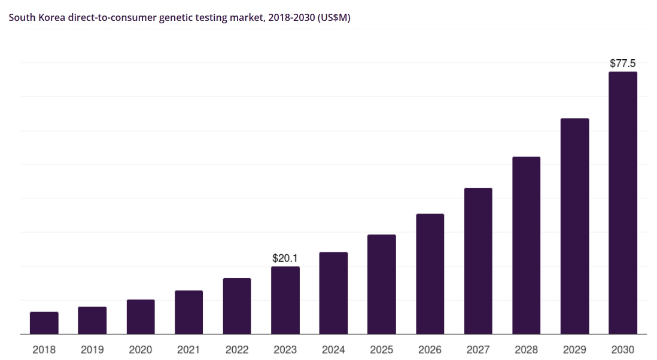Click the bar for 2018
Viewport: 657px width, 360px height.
pos(44,323)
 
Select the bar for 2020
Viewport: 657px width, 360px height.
pos(141,317)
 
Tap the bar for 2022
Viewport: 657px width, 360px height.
pos(237,306)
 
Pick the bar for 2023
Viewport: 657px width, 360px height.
pos(285,300)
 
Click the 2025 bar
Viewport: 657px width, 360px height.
pos(382,284)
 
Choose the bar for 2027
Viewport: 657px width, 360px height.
pos(478,261)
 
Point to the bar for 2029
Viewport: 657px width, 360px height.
pos(575,226)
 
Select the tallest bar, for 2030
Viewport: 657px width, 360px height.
pos(623,203)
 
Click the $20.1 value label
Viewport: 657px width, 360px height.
pos(285,258)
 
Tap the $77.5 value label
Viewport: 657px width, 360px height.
pos(623,63)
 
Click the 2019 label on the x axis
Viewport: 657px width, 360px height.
pos(92,349)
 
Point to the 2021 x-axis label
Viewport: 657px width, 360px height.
pos(188,349)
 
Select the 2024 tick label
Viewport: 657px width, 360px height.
pos(333,349)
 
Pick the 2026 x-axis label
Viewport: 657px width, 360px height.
pos(430,349)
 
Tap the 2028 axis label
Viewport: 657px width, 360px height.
pos(527,349)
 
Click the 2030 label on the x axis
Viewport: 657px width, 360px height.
pos(623,349)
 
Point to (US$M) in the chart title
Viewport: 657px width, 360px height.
pos(334,17)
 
